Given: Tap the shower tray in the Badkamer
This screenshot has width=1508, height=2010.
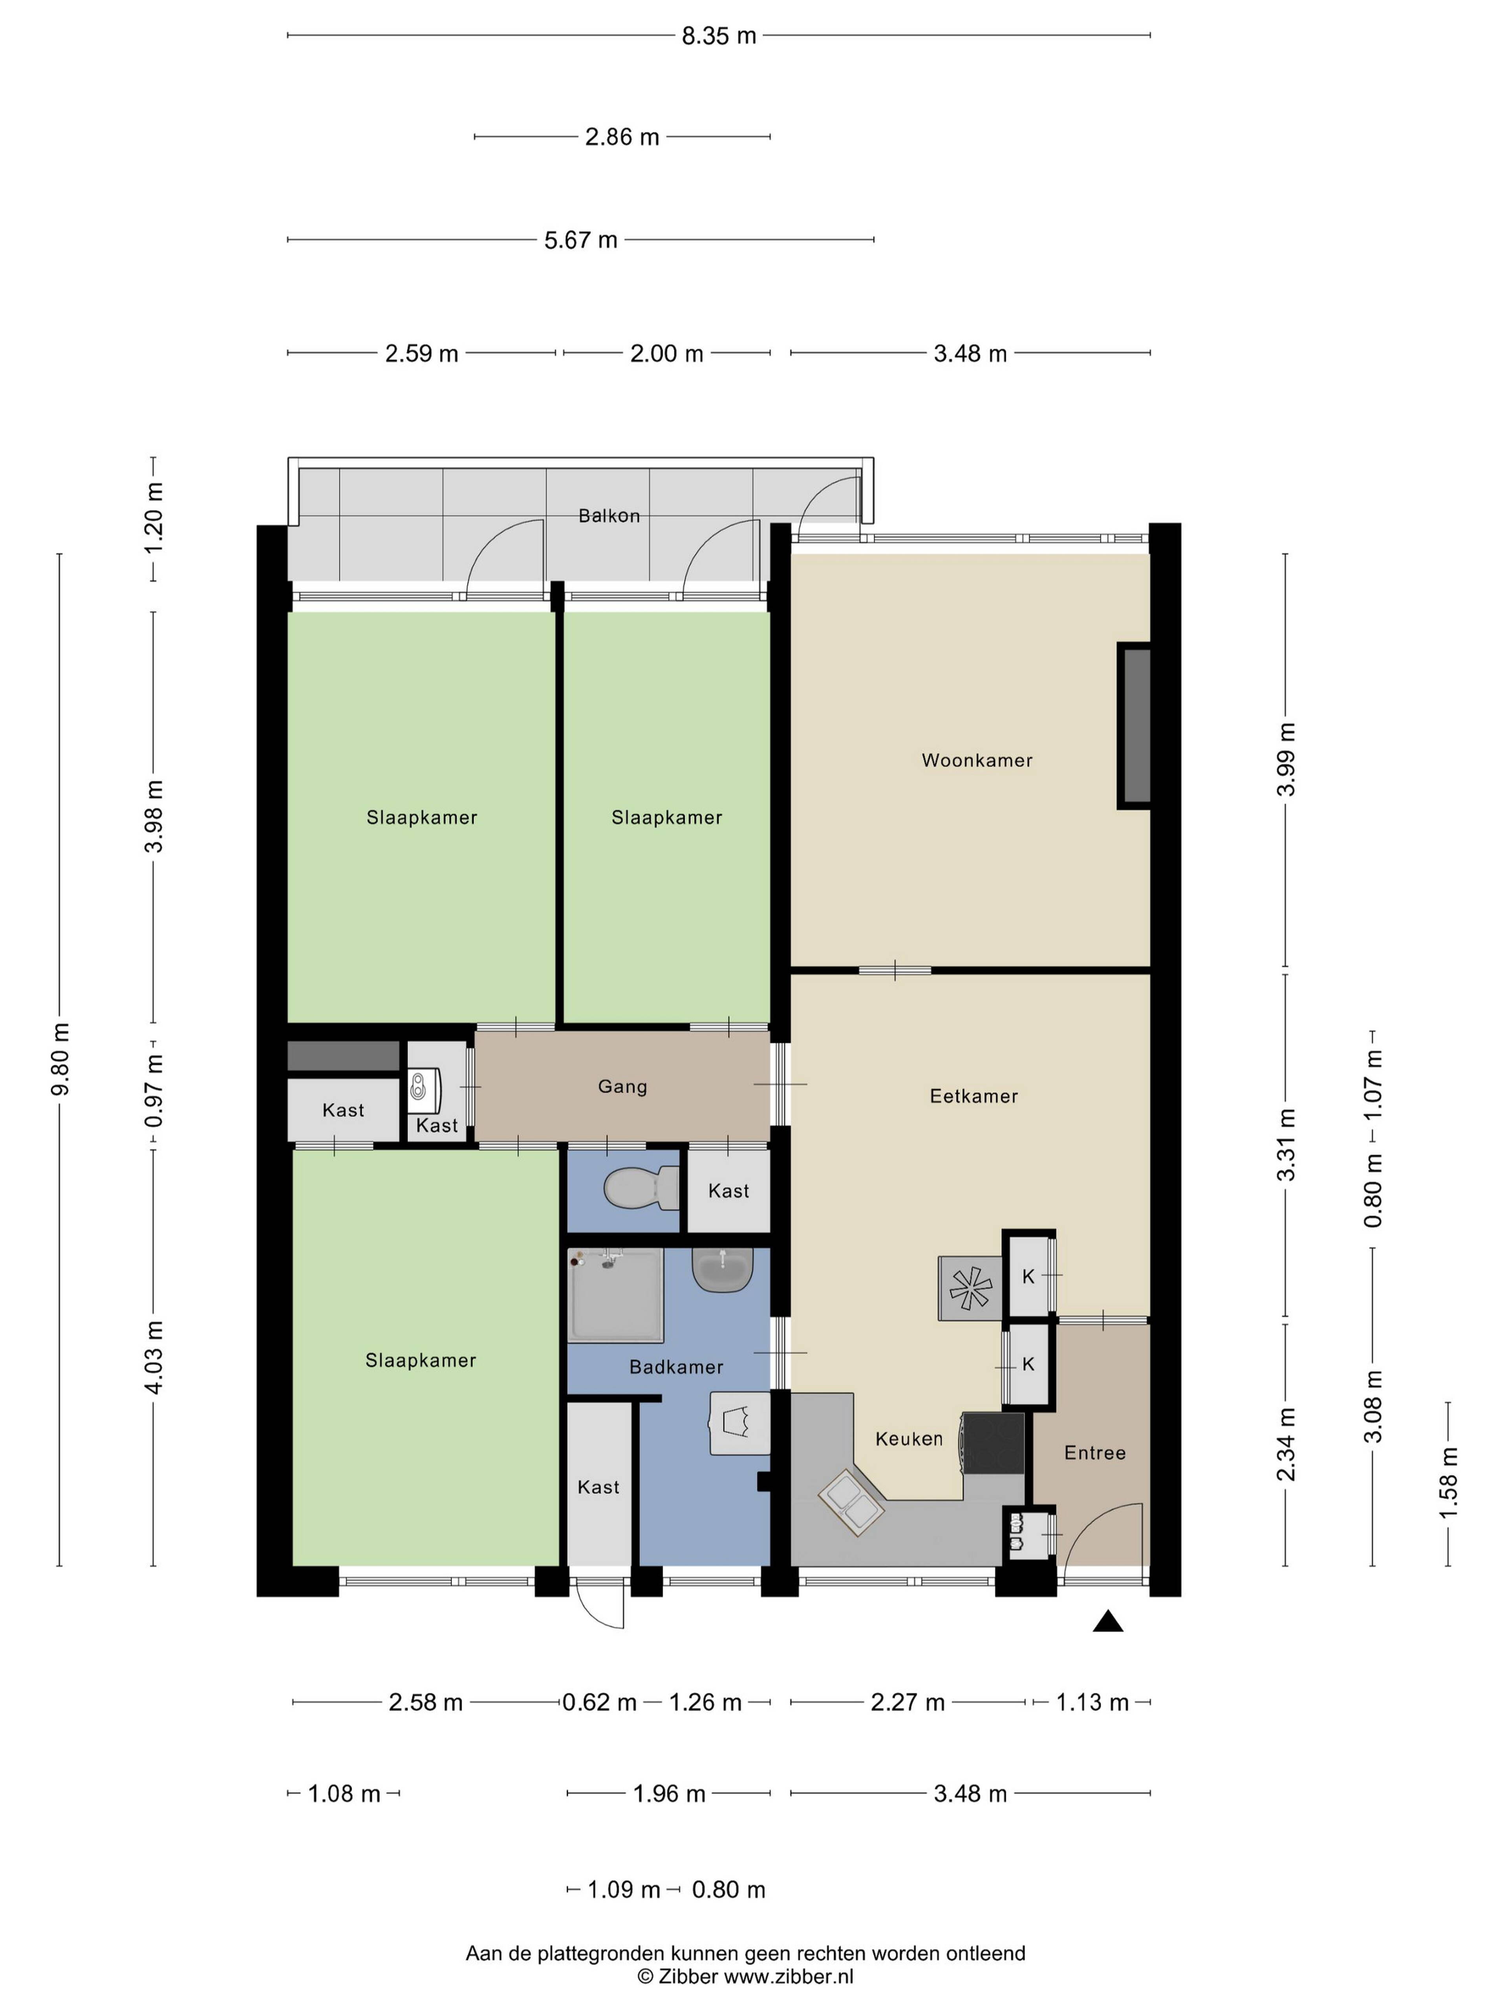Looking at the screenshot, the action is tap(615, 1294).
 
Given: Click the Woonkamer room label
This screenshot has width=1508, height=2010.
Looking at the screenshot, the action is tap(977, 760).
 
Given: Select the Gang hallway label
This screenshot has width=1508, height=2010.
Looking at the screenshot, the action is tap(623, 1087).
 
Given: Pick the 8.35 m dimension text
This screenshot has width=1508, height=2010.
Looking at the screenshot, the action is tap(719, 35).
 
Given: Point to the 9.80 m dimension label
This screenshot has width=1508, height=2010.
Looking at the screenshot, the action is tap(60, 1059).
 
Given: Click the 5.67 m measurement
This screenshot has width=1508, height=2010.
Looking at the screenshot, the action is tap(581, 240).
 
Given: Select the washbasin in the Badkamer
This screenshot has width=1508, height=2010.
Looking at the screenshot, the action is tap(723, 1268).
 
